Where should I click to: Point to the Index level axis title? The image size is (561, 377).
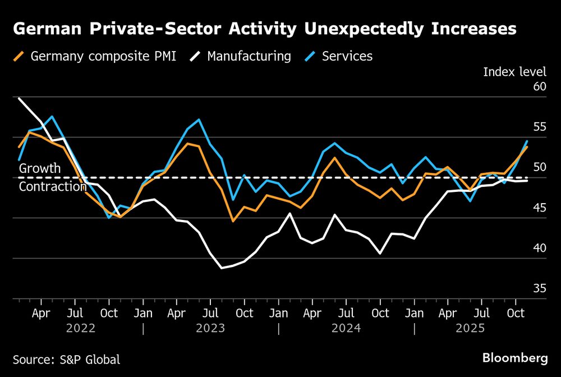514,71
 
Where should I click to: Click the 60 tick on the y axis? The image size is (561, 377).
540,86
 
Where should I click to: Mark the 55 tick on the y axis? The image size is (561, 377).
540,127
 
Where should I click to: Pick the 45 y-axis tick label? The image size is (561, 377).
540,208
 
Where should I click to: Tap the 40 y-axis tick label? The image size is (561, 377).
540,248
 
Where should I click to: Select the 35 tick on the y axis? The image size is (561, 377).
540,288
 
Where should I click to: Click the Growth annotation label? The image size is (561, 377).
40,168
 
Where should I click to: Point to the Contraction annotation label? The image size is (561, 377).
53,186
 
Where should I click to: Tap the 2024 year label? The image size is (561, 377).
347,329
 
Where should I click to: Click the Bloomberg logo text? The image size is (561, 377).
515,357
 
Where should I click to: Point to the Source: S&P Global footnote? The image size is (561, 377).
66,359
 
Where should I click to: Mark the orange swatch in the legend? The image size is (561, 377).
19,56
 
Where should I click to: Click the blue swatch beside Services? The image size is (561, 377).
310,56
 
